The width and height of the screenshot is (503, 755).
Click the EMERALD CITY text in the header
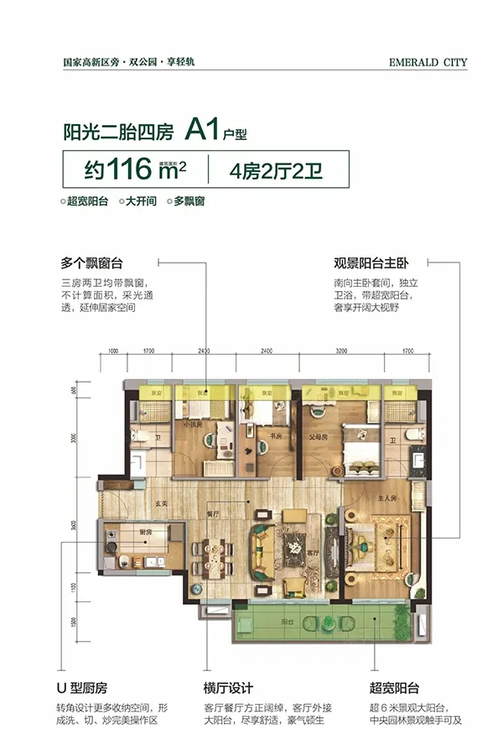[x=428, y=61]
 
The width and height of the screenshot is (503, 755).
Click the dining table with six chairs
[x=207, y=554]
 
